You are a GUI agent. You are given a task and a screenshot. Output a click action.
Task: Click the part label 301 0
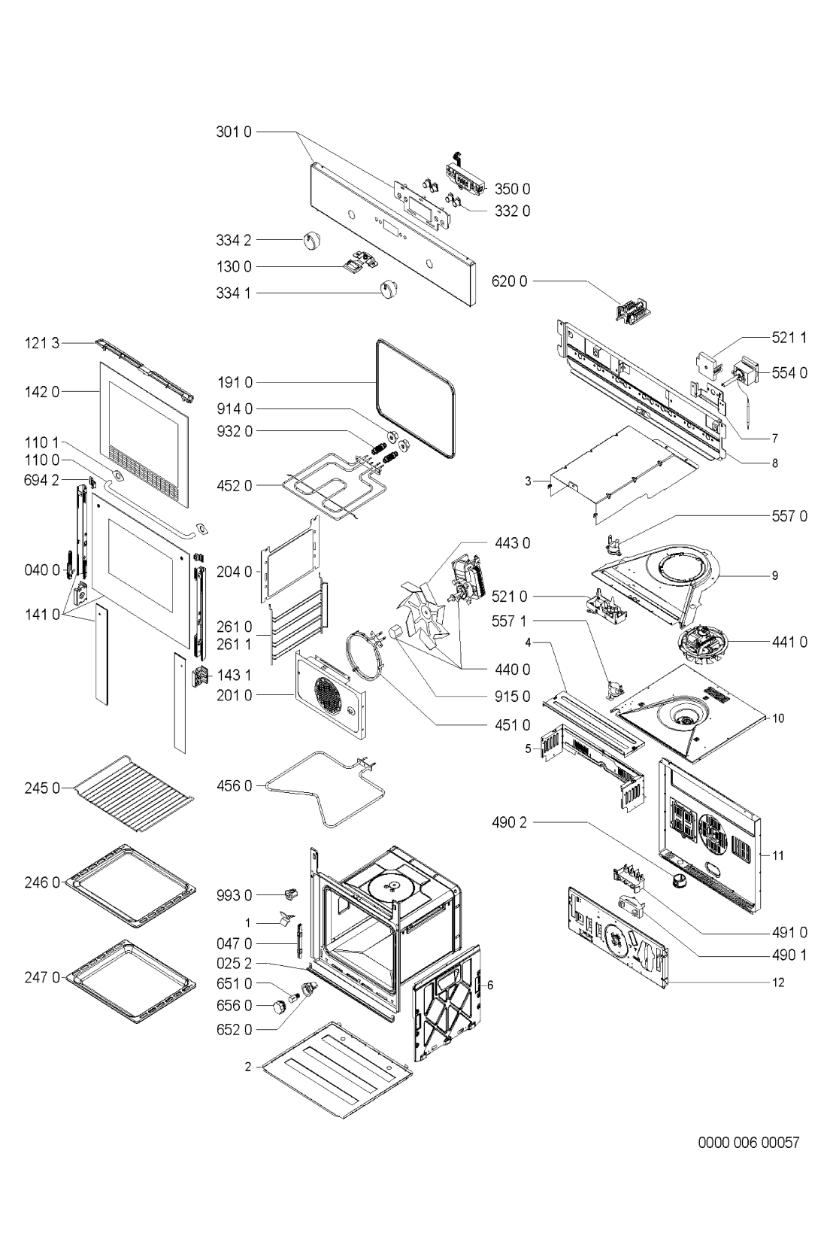click(x=233, y=132)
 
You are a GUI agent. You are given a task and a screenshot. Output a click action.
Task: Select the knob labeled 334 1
click(x=389, y=289)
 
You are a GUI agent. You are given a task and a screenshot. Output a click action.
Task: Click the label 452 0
click(x=234, y=486)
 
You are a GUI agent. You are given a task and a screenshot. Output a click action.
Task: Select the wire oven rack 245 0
click(x=132, y=792)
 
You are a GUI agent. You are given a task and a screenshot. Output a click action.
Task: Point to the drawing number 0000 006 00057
click(x=749, y=1142)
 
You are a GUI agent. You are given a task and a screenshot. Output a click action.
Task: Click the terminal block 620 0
click(x=634, y=310)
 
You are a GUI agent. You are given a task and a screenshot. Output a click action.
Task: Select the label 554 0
click(x=789, y=373)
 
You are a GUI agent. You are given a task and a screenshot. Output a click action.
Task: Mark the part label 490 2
click(x=509, y=822)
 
